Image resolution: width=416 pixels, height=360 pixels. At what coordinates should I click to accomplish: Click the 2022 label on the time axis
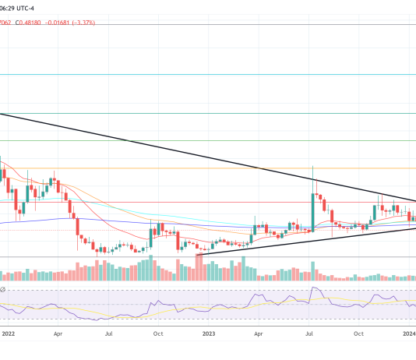click(x=9, y=333)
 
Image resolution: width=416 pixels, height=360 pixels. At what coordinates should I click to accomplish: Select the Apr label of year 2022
click(x=58, y=333)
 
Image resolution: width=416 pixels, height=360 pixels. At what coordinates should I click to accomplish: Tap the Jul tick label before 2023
click(x=109, y=333)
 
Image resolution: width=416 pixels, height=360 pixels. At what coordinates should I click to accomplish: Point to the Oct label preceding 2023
click(x=158, y=333)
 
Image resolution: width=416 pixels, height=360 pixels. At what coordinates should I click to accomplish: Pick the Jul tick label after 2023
click(x=309, y=333)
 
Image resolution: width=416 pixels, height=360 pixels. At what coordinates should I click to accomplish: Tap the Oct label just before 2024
click(x=358, y=333)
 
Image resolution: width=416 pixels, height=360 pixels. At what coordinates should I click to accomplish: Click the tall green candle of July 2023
click(x=313, y=210)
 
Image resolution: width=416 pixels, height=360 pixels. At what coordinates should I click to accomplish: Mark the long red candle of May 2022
click(x=78, y=227)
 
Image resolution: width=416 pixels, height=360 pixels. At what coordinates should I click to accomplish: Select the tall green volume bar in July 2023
click(x=313, y=269)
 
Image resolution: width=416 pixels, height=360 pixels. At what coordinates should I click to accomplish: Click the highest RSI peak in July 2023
click(x=314, y=289)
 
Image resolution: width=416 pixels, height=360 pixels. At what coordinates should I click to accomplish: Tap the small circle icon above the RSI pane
click(x=3, y=290)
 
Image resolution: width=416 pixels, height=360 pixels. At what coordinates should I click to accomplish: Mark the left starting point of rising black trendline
click(x=198, y=255)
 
